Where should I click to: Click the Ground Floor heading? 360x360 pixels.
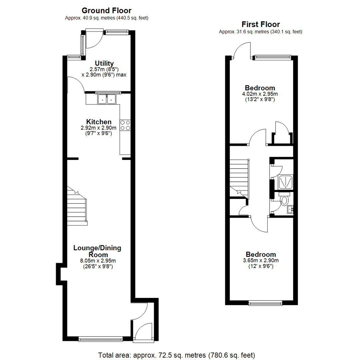pyautogui.click(x=106, y=11)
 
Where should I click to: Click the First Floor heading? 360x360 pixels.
pyautogui.click(x=260, y=24)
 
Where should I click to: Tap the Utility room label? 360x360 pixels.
pyautogui.click(x=104, y=63)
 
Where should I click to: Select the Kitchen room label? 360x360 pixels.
pyautogui.click(x=99, y=122)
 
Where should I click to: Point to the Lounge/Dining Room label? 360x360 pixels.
pyautogui.click(x=97, y=251)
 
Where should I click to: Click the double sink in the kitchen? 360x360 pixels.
pyautogui.click(x=107, y=99)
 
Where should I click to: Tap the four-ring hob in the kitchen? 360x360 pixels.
pyautogui.click(x=125, y=125)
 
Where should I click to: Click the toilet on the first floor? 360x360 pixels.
pyautogui.click(x=284, y=201)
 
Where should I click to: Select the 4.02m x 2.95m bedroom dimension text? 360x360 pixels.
pyautogui.click(x=260, y=94)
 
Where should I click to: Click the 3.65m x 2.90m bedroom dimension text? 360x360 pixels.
pyautogui.click(x=261, y=260)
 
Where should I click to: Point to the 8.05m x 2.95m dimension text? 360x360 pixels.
pyautogui.click(x=97, y=261)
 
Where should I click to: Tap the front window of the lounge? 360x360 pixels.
pyautogui.click(x=101, y=339)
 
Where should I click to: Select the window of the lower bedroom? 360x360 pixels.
pyautogui.click(x=265, y=303)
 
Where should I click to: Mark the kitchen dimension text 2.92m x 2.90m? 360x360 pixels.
pyautogui.click(x=99, y=128)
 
